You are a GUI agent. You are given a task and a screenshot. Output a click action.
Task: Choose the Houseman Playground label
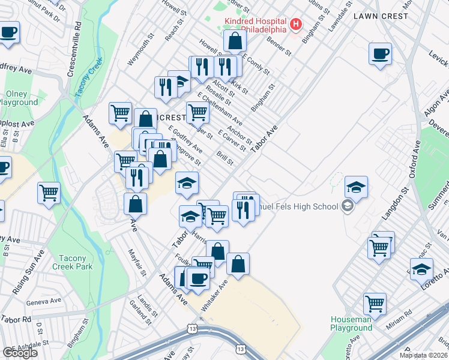point(351,323)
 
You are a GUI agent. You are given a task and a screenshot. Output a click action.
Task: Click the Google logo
point(20,352)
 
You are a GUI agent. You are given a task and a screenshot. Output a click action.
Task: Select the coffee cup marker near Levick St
point(380,55)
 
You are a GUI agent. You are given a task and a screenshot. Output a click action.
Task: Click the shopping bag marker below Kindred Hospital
point(235,41)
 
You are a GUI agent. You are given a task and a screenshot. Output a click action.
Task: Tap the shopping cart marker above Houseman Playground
point(375,304)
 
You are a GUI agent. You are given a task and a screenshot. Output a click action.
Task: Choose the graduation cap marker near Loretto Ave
point(421,269)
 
